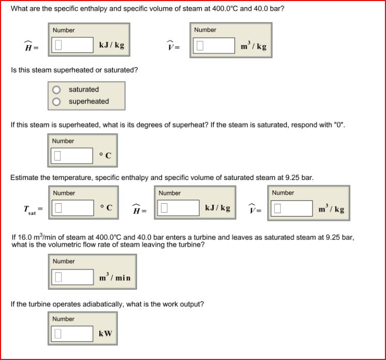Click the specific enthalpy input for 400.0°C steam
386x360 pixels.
tap(71, 46)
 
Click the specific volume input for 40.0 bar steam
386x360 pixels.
tap(214, 46)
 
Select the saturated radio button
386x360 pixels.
tap(56, 90)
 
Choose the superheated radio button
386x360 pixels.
tap(56, 102)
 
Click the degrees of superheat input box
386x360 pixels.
tap(71, 155)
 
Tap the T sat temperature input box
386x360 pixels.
tap(71, 208)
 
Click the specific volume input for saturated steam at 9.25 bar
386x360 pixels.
tap(291, 208)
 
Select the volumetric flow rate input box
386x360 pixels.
tap(71, 278)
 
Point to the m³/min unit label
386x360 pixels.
tap(114, 278)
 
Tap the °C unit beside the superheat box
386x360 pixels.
tap(106, 155)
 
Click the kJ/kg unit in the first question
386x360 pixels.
tap(111, 46)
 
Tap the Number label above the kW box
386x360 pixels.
tap(64, 319)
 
